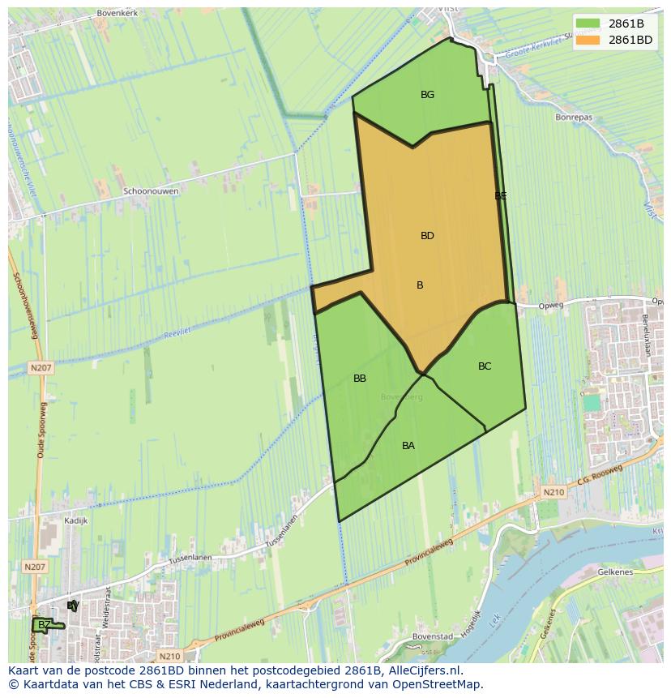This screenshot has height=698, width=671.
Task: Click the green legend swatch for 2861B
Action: [x=588, y=24]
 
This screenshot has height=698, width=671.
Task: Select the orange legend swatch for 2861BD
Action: [x=588, y=40]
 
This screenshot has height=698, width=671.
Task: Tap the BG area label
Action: [x=427, y=95]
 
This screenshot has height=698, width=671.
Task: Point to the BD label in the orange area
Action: [x=427, y=236]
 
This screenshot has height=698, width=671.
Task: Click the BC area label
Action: [x=485, y=366]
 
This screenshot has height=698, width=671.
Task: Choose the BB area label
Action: [x=360, y=379]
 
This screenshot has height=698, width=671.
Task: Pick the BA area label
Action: [x=408, y=446]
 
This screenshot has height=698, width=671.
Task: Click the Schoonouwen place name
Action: [x=151, y=191]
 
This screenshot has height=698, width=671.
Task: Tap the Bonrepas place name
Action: [x=574, y=118]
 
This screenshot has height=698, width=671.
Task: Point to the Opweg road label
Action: [x=528, y=306]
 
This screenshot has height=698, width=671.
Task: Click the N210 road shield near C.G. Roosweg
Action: [x=553, y=492]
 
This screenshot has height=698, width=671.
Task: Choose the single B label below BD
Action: [x=420, y=285]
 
